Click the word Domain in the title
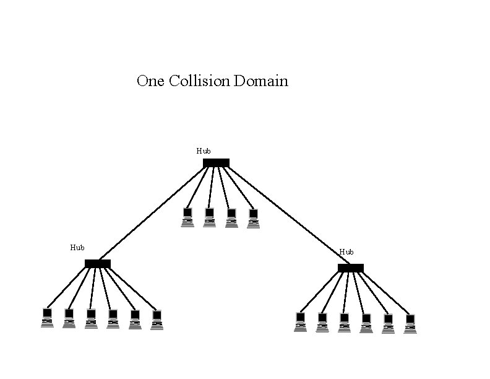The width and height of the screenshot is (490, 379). (x=261, y=81)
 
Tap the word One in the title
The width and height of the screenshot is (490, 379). (x=151, y=81)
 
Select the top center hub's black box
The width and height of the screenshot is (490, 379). (x=216, y=163)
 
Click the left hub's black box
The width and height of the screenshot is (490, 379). (x=98, y=264)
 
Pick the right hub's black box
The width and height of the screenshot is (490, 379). (x=351, y=268)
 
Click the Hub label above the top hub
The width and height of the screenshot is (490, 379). (x=204, y=150)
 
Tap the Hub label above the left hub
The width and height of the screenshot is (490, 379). (x=77, y=248)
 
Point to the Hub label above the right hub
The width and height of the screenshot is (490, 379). (x=346, y=252)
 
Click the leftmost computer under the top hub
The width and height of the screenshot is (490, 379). (x=187, y=217)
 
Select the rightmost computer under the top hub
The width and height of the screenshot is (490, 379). (x=253, y=219)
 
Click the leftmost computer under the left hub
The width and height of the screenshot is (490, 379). (x=47, y=318)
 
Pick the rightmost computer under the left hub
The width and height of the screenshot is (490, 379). (x=157, y=320)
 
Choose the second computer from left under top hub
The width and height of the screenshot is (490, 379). (x=209, y=217)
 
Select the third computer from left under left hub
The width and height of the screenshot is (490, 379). (x=91, y=318)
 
